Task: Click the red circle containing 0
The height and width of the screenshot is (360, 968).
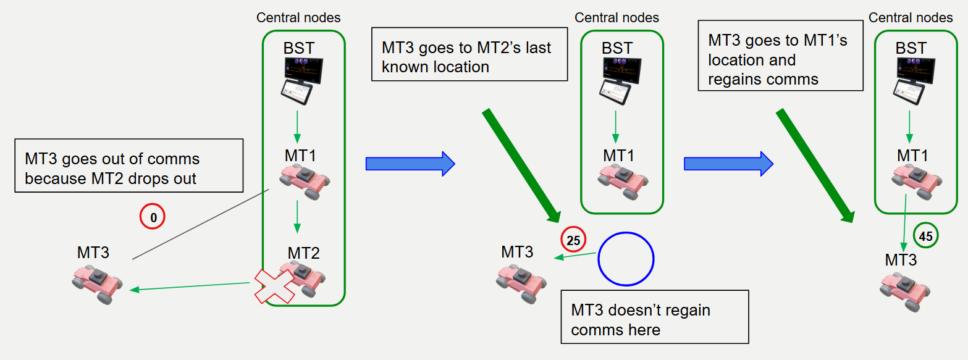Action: coord(153,217)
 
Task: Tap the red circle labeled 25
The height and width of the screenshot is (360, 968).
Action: coord(573,240)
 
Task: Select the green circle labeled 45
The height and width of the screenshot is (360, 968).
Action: coord(925,235)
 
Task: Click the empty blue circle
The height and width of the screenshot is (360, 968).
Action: coord(625,259)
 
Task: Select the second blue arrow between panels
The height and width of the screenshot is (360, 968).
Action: coord(728,164)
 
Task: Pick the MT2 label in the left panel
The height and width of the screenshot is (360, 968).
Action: coord(303,253)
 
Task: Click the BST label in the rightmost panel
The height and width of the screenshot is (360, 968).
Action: coord(911,48)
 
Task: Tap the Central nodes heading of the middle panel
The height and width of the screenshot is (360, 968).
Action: coord(617,17)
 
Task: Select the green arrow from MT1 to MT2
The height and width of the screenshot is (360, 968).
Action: coord(297,216)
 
